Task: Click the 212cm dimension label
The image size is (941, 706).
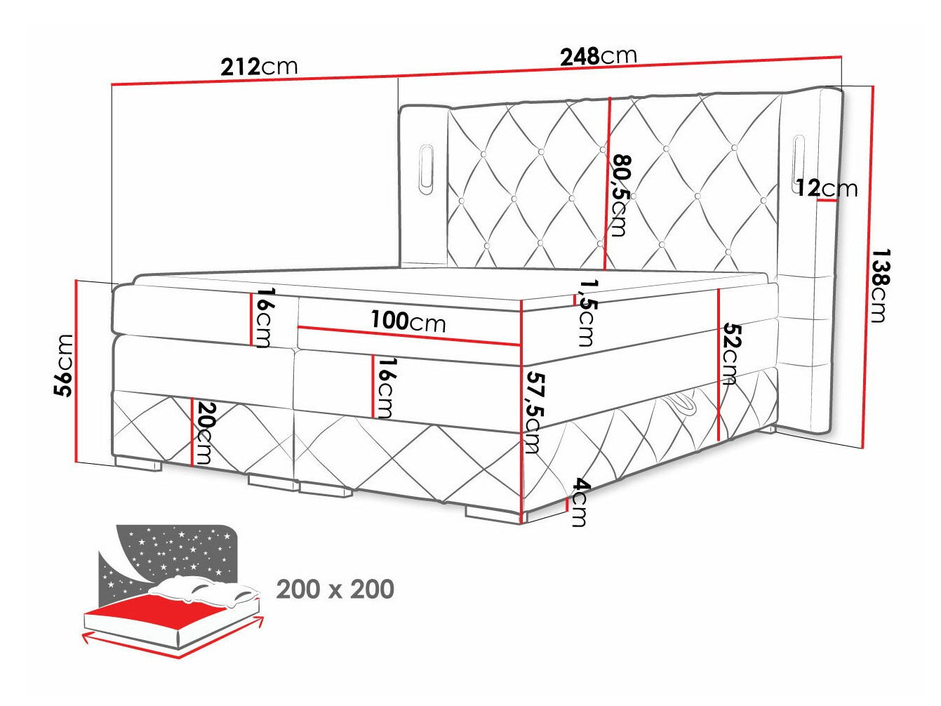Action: click(x=259, y=67)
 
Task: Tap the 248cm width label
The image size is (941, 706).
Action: click(x=598, y=55)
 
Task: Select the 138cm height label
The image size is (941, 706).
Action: click(x=879, y=285)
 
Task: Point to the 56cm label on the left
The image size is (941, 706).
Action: click(x=64, y=365)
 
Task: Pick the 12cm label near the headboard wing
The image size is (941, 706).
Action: click(x=826, y=188)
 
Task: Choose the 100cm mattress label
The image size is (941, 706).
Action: click(x=408, y=321)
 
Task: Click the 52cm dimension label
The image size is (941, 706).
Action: click(x=730, y=354)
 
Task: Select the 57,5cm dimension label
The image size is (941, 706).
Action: click(x=534, y=412)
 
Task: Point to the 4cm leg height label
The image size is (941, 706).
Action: click(x=580, y=502)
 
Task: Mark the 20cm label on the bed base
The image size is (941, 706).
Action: click(x=204, y=432)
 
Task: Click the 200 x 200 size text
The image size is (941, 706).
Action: click(x=335, y=589)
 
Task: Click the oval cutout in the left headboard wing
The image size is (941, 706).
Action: click(x=426, y=168)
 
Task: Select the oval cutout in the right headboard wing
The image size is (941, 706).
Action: click(x=797, y=159)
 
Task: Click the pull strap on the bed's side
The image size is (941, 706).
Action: click(x=679, y=404)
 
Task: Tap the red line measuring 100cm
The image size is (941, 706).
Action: click(x=408, y=336)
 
